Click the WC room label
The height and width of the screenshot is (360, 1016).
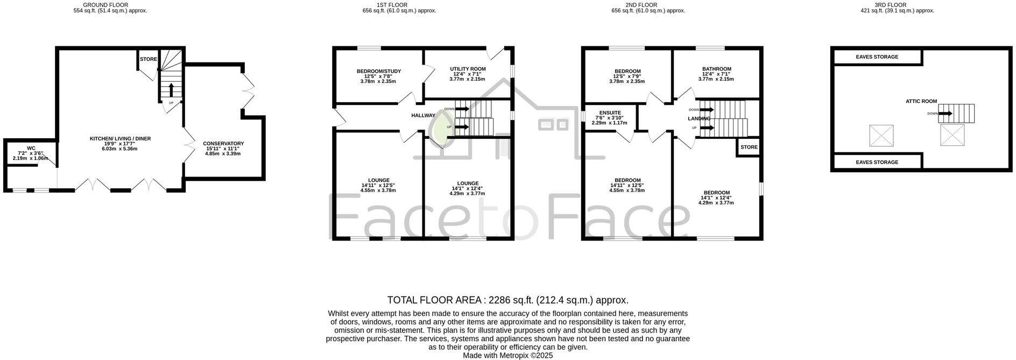31,147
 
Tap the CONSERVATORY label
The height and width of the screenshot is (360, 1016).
223,144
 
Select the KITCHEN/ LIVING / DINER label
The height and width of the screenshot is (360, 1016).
120,139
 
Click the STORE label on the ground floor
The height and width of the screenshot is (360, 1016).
148,59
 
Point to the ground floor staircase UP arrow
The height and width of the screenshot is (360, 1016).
171,89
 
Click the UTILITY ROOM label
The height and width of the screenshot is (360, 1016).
468,69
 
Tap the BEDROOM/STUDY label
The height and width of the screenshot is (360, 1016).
378,72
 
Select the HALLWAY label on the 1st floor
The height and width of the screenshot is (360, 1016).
423,115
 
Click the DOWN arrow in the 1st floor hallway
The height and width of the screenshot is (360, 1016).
462,109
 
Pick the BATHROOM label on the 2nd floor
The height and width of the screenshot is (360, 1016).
716,69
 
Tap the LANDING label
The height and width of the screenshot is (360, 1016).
698,118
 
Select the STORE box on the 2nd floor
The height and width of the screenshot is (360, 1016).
749,147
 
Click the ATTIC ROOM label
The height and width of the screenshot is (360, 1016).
921,101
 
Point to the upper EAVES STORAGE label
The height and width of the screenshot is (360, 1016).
877,57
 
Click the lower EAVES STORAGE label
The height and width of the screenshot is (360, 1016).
877,162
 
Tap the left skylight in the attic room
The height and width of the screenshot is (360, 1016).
881,136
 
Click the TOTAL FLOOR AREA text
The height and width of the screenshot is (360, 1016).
507,300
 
